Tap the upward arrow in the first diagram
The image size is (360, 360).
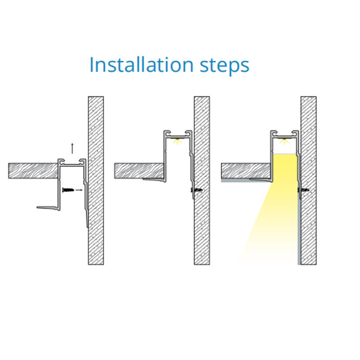pos(72,148)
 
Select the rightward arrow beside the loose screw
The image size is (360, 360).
pos(79,190)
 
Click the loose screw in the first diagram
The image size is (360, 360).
pos(68,190)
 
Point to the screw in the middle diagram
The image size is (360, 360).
pos(197,190)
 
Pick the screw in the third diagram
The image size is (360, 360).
pos(303,190)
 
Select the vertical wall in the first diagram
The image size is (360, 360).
pos(96,180)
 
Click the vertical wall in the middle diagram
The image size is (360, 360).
pos(202,180)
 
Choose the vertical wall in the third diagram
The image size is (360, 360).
pos(309,180)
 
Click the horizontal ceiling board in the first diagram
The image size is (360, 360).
pos(33,171)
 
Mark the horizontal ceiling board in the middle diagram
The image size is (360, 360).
pos(139,171)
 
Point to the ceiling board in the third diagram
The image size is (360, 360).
pos(246,171)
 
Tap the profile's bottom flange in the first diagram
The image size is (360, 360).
pos(48,208)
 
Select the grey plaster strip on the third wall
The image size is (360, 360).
pos(299,232)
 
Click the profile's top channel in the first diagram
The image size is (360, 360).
pos(72,162)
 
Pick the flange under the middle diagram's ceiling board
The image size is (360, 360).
pos(154,180)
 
